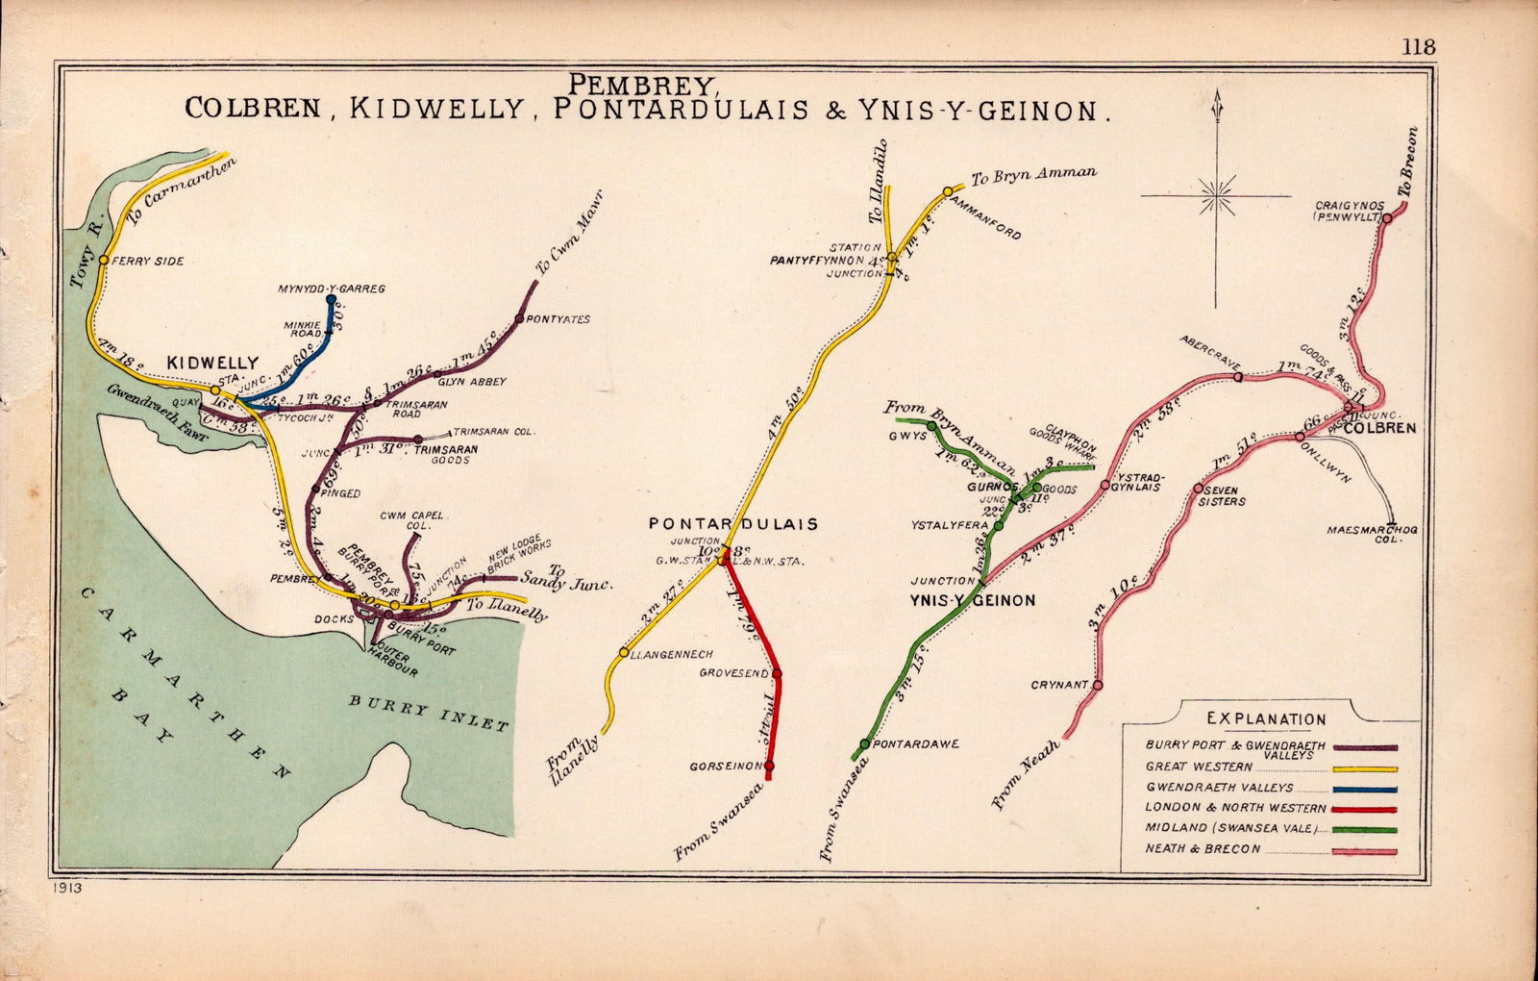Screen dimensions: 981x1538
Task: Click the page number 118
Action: pos(1418,47)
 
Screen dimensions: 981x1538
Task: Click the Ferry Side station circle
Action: pos(104,260)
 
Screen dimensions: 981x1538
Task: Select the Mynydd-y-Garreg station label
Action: pos(331,289)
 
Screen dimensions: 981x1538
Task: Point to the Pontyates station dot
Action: pos(519,318)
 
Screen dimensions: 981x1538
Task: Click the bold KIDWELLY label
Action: pos(212,363)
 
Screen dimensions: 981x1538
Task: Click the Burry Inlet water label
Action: pos(428,713)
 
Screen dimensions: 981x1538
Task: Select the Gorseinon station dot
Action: pos(769,767)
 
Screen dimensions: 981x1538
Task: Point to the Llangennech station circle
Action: pos(624,652)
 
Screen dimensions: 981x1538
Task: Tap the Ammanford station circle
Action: pos(948,191)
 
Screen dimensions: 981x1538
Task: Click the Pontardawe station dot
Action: pos(865,743)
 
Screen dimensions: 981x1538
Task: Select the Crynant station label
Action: pos(1058,686)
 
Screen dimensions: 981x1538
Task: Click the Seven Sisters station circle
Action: pos(1198,489)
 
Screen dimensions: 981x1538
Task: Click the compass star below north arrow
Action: pos(1216,195)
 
